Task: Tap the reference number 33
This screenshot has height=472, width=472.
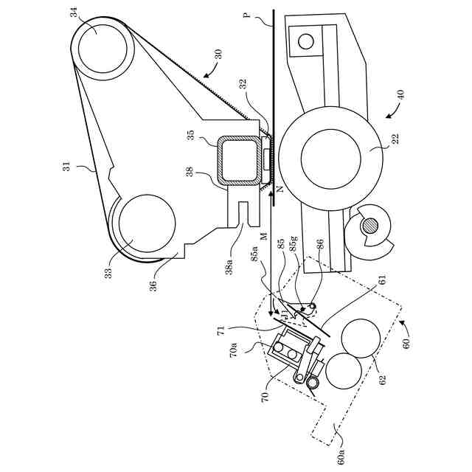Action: point(108,273)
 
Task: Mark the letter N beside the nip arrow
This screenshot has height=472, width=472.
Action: point(280,190)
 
